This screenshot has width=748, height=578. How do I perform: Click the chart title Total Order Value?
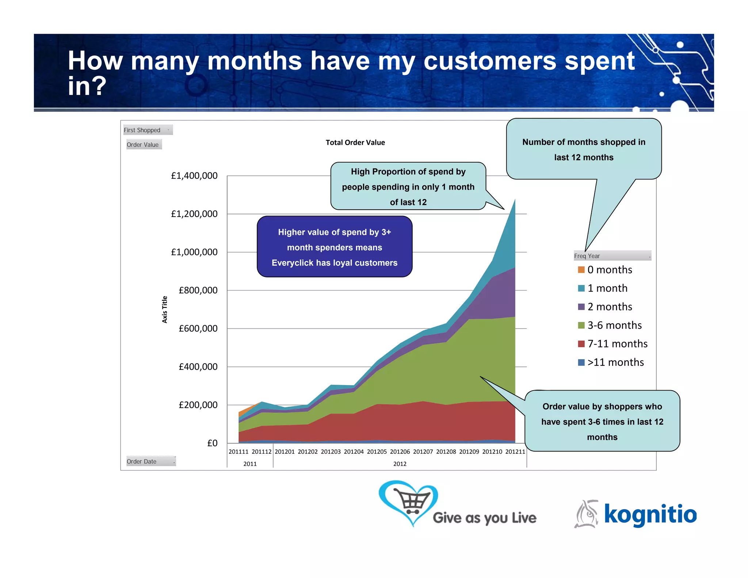pyautogui.click(x=355, y=142)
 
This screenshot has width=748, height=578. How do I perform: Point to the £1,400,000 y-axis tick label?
pyautogui.click(x=194, y=176)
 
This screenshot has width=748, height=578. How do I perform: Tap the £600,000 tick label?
pyautogui.click(x=198, y=328)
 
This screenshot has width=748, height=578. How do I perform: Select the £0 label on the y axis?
pyautogui.click(x=212, y=443)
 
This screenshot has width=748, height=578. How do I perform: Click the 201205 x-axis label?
pyautogui.click(x=377, y=452)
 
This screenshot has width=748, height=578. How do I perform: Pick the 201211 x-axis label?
pyautogui.click(x=515, y=452)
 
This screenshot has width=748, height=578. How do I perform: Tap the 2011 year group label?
pyautogui.click(x=250, y=464)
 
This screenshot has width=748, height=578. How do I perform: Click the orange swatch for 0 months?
pyautogui.click(x=581, y=270)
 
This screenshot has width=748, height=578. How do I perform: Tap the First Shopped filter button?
pyautogui.click(x=148, y=130)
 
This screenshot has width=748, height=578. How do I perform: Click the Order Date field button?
pyautogui.click(x=150, y=461)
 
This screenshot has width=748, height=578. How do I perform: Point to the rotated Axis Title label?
pyautogui.click(x=165, y=309)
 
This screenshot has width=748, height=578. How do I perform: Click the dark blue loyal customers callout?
pyautogui.click(x=334, y=247)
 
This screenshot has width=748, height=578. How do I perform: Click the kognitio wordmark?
pyautogui.click(x=650, y=514)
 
